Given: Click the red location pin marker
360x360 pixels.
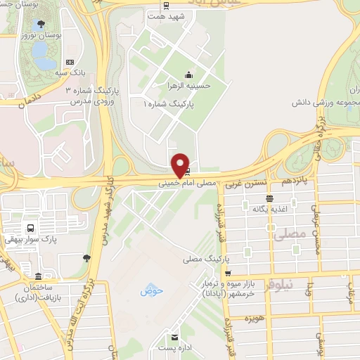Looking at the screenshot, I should click(x=181, y=165).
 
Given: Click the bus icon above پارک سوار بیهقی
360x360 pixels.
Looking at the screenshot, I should click(x=30, y=228).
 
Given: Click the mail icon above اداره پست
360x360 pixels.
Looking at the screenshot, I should click(x=174, y=336).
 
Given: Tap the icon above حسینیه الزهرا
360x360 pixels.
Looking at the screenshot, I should click(x=188, y=75).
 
